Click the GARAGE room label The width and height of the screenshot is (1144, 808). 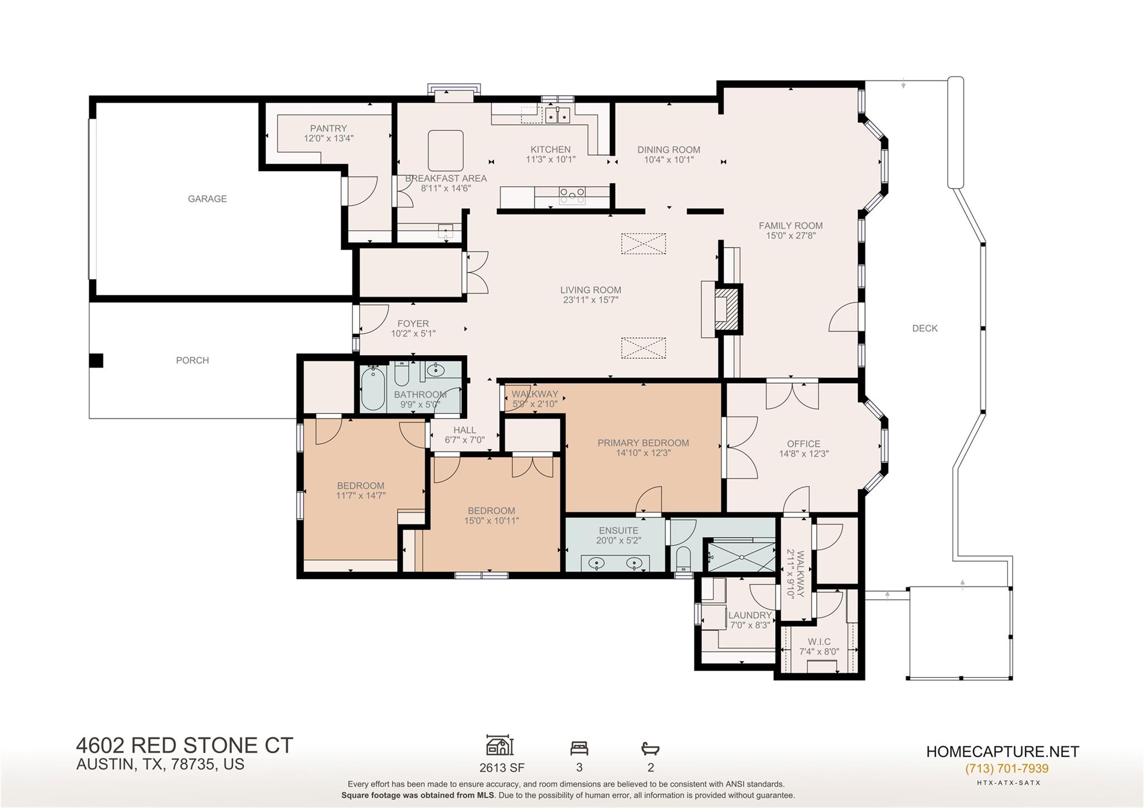(x=207, y=199)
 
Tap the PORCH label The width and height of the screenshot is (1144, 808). (x=192, y=361)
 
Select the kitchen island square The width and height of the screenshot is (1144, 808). (x=446, y=150)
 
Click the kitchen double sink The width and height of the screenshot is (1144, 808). (x=557, y=116)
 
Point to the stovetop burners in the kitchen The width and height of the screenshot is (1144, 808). (x=573, y=194)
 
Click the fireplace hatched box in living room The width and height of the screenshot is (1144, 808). (x=727, y=310)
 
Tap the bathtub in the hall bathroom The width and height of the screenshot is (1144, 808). (x=372, y=389)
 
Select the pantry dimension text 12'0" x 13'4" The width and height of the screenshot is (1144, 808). (x=328, y=138)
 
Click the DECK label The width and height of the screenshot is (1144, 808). (x=924, y=328)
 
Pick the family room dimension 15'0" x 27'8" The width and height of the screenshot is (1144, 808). (x=790, y=236)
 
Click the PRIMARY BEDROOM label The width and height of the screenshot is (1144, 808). (x=643, y=443)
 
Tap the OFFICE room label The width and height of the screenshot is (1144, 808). (x=803, y=444)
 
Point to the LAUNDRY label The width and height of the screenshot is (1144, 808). (x=750, y=615)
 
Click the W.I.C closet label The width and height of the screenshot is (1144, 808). (x=819, y=642)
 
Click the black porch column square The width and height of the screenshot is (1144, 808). (x=96, y=361)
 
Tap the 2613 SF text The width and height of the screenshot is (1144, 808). (x=501, y=768)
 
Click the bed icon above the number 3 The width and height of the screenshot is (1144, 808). (x=579, y=748)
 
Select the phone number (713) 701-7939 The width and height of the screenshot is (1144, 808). (x=1007, y=768)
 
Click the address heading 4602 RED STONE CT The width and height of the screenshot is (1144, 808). (x=184, y=746)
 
